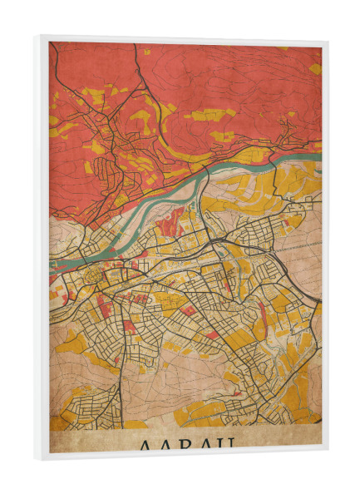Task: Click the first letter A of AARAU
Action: point(136,444)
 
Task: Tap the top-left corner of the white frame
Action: point(37,36)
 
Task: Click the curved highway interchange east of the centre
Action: point(218,240)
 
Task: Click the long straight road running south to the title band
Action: point(124,374)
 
